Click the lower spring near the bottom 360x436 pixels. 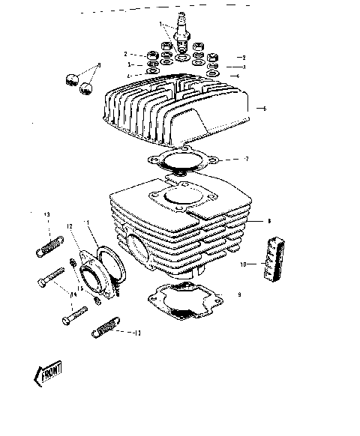[x=106, y=328]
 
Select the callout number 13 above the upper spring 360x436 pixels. [x=46, y=215]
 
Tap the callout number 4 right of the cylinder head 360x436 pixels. [x=238, y=76]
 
